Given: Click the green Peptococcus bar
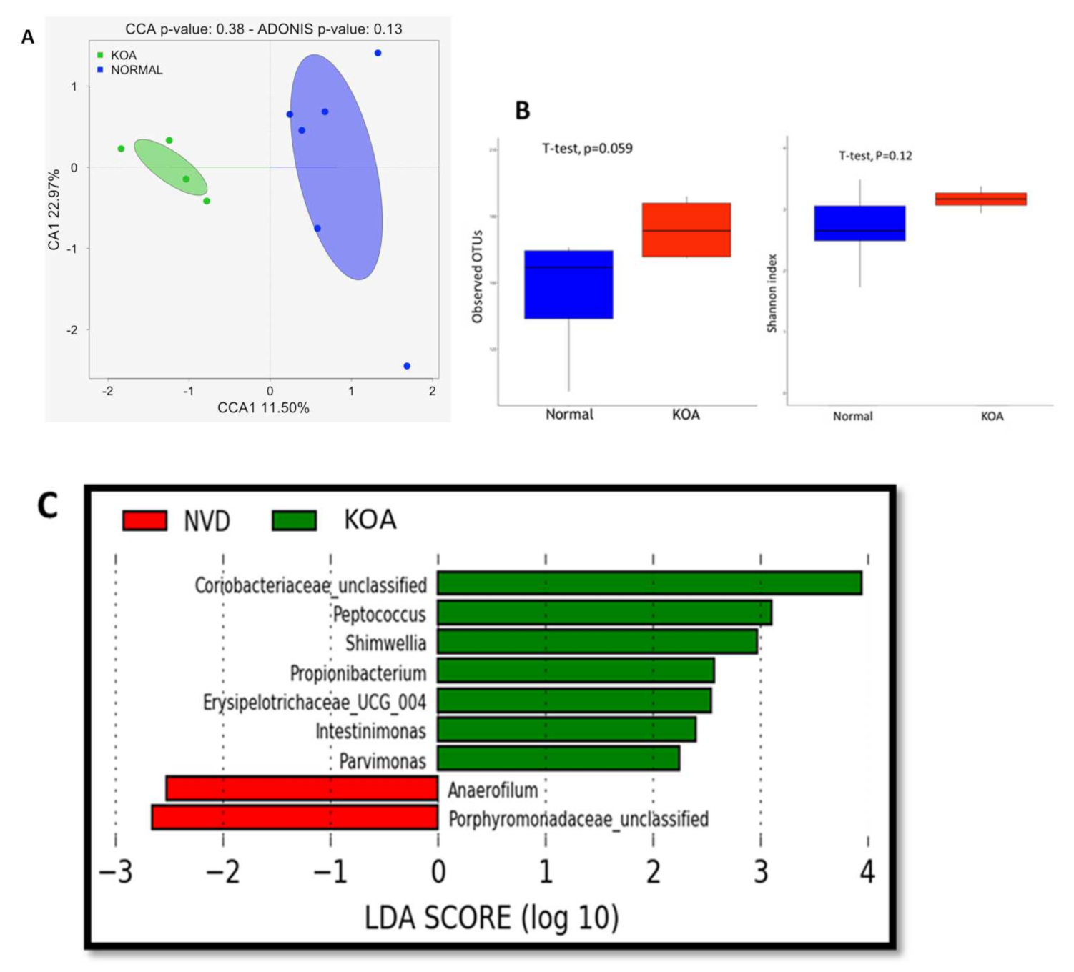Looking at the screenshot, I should [x=604, y=613].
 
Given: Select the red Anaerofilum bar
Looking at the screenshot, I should [x=302, y=789].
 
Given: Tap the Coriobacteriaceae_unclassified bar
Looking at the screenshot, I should [x=649, y=583].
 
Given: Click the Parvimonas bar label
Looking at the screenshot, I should [x=383, y=761].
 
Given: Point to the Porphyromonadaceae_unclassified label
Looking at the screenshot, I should [x=578, y=819].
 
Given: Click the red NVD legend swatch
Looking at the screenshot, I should [x=144, y=520].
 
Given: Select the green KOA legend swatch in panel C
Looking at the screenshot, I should [x=294, y=520].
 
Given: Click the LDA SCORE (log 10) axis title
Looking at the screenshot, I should [x=491, y=918].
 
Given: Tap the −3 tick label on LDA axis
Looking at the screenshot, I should [x=116, y=872].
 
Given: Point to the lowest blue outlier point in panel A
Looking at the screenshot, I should [x=407, y=366].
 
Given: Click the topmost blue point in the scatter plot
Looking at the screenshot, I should [x=378, y=53].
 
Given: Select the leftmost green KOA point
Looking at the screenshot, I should [x=121, y=149].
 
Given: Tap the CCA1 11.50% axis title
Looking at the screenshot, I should [x=263, y=408].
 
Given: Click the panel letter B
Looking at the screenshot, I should [x=523, y=111].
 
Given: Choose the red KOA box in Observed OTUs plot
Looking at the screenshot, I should [x=686, y=229].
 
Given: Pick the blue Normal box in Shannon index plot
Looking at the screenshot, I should [x=859, y=223].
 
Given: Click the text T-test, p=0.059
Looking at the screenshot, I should [x=587, y=149].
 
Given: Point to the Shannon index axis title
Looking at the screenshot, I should [x=772, y=293].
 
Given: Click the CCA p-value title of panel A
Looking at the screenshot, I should [x=263, y=29].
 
